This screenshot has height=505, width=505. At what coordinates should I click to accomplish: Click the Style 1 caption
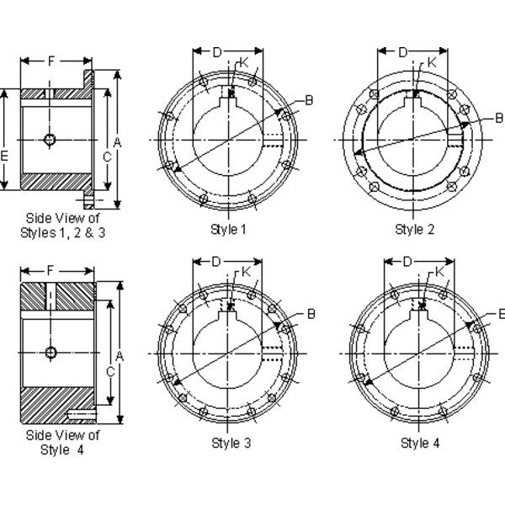[x=227, y=229]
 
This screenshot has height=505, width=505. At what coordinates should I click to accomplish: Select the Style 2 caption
[x=413, y=229]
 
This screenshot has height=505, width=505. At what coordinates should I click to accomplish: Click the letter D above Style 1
[x=216, y=52]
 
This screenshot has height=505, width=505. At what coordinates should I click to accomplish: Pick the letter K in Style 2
[x=431, y=62]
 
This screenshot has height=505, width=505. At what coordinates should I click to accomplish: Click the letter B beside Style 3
[x=311, y=314]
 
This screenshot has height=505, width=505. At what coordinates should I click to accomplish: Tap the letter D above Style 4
[x=407, y=262]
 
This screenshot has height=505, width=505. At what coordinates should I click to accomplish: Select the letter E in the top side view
[x=5, y=156]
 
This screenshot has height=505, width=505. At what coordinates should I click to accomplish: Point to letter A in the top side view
[x=118, y=143]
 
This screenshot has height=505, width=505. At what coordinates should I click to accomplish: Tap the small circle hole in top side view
[x=52, y=139]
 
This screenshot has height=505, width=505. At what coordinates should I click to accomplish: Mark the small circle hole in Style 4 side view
[x=52, y=352]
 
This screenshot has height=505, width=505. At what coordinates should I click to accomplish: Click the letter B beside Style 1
[x=309, y=101]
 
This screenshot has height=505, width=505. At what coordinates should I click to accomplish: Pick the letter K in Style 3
[x=245, y=272]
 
